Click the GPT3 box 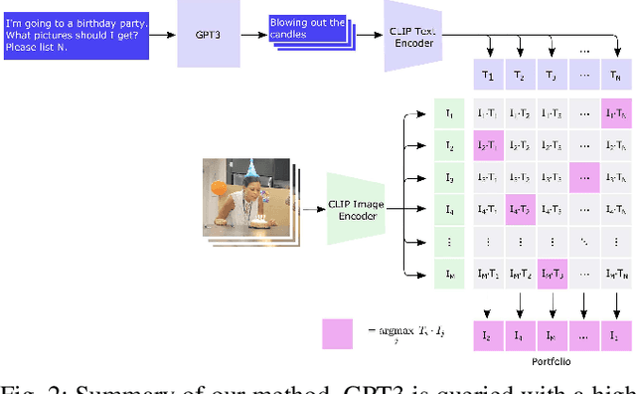[207, 34]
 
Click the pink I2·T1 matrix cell [487, 146]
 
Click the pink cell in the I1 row [615, 114]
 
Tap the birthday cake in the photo [262, 221]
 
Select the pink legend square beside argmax [338, 333]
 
